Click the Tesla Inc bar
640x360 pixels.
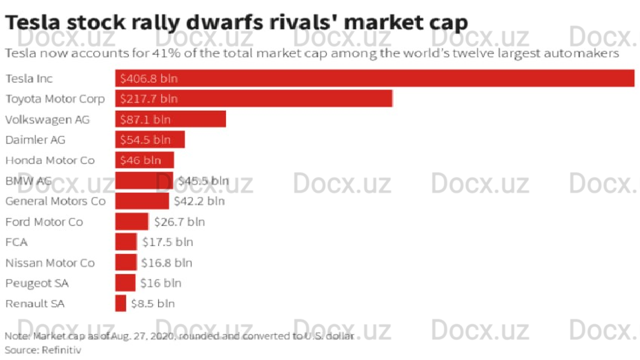coord(374,78)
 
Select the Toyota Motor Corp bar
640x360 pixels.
coord(253,99)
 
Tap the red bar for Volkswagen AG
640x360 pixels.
coord(171,119)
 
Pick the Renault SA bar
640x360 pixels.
coord(121,303)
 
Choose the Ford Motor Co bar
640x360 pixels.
coord(131,221)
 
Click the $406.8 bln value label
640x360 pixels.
coord(149,79)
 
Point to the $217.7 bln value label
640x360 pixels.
coord(149,99)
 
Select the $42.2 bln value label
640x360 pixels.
coord(199,201)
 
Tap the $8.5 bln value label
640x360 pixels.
coord(153,303)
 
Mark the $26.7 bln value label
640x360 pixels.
coord(179,221)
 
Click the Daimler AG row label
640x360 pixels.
coord(35,140)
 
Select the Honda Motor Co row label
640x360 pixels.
coord(50,160)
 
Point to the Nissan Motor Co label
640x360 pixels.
coord(50,263)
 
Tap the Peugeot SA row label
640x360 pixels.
coord(37,283)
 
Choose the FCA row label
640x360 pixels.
coord(17,242)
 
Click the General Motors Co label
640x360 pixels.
coord(55,201)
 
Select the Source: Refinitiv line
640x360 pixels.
coord(43,349)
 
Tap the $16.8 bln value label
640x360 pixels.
coord(167,263)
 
